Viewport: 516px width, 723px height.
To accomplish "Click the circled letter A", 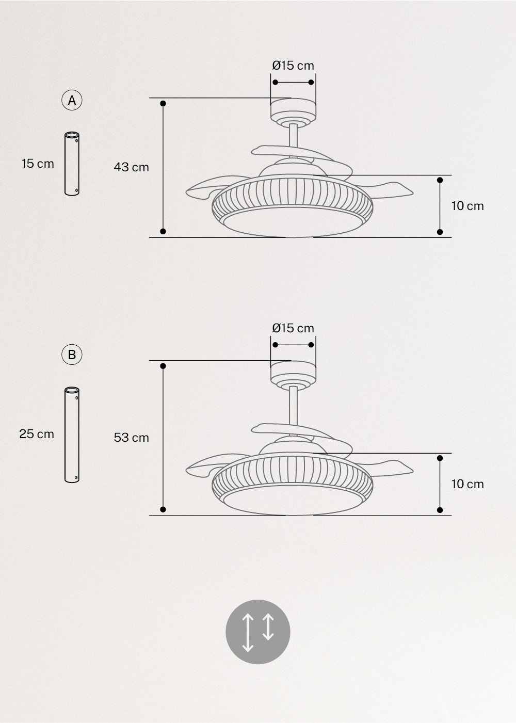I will (x=72, y=100).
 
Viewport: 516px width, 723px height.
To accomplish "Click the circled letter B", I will (x=72, y=355).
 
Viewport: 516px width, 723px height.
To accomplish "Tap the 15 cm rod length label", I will (x=38, y=164).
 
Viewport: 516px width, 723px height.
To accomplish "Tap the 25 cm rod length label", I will (x=37, y=434).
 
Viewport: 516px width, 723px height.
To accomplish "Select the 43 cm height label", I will (x=131, y=167).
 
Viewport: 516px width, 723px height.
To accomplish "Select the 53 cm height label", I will (x=131, y=438).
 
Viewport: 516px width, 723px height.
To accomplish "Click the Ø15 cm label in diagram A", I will (x=293, y=66).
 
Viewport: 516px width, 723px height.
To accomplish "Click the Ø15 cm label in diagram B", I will (x=293, y=328).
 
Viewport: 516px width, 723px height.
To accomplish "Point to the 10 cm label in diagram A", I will (x=467, y=206).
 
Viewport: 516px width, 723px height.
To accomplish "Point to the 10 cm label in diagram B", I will (x=467, y=484).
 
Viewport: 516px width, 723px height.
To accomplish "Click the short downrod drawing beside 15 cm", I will (x=72, y=164).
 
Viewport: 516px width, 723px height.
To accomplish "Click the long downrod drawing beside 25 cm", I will (x=72, y=435).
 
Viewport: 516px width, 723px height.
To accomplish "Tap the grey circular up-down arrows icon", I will (x=258, y=632).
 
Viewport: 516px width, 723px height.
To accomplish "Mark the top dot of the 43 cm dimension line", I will (x=163, y=104).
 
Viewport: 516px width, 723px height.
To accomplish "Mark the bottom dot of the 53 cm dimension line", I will (x=163, y=509).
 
